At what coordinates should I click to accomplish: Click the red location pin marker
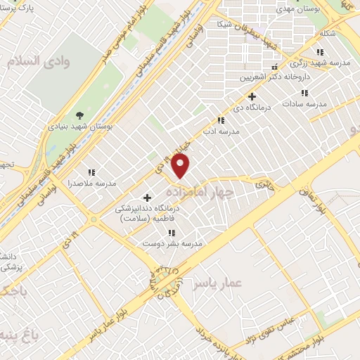[181, 166]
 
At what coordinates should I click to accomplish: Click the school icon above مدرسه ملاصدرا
[91, 172]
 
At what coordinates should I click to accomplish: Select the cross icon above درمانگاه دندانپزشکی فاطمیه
[147, 198]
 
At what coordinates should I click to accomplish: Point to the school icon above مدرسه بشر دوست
[172, 233]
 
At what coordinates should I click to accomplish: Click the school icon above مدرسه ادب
[221, 120]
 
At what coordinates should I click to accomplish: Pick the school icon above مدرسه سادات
[304, 93]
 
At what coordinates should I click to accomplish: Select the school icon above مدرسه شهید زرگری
[321, 52]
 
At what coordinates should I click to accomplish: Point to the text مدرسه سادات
[305, 104]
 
